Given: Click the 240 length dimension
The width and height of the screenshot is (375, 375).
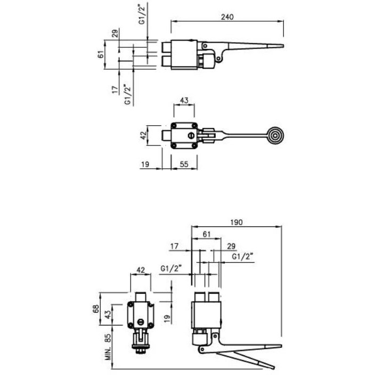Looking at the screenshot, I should coord(227,17).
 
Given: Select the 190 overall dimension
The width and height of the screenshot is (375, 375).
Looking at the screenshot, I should coord(237,222).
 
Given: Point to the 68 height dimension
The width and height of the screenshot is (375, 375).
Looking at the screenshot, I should coord(96,309).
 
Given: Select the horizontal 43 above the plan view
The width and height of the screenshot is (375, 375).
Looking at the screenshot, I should coord(184,100).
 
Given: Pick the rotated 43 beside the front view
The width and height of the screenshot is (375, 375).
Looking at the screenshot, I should coord(108,315).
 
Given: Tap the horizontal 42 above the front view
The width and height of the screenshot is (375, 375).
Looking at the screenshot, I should coord(141,271).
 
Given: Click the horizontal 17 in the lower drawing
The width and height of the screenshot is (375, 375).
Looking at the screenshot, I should coord(174,246).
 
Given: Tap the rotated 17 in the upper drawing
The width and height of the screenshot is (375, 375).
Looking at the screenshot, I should coord(116,89).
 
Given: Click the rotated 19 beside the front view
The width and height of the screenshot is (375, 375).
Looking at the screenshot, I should coord(167,319).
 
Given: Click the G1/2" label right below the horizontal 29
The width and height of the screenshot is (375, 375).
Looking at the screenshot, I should coord(242,256).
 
